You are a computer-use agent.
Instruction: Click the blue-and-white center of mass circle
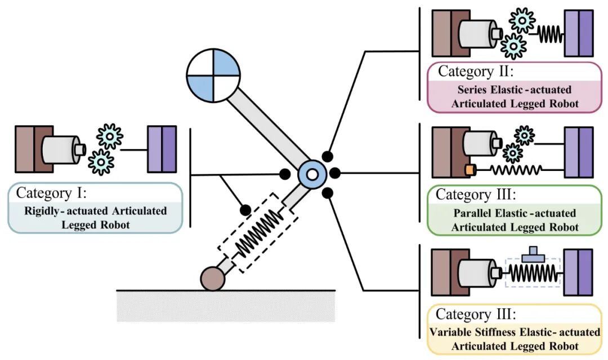point(213,75)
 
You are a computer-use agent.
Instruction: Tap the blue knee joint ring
point(312,175)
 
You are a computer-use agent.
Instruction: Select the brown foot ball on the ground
point(213,278)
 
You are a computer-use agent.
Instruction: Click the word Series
point(472,90)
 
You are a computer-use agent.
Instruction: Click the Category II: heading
point(476,71)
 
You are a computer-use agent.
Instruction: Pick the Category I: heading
point(51,192)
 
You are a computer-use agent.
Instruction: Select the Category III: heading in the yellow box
point(476,313)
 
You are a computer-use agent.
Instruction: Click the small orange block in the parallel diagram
point(470,170)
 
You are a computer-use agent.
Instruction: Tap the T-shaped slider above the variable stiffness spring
point(533,254)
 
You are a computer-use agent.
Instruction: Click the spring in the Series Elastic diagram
point(550,34)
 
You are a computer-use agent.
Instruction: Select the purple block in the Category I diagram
point(162,149)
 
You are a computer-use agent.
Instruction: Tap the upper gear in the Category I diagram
point(110,136)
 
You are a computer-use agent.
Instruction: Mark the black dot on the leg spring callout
point(245,210)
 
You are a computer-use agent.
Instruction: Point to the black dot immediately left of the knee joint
point(285,174)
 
